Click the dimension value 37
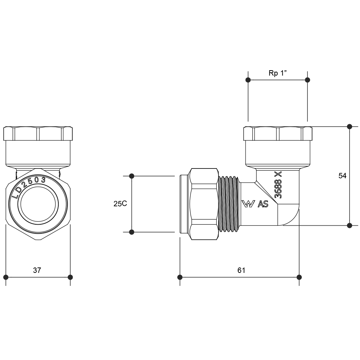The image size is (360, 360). [x=37, y=270]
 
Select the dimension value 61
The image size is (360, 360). [x=241, y=270]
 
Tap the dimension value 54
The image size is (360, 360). [x=342, y=176]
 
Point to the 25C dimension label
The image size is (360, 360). [x=120, y=204]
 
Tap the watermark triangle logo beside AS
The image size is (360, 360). [x=248, y=204]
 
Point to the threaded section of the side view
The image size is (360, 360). [x=229, y=203]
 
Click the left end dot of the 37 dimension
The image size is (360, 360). [x=6, y=277]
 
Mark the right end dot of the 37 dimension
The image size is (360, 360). [x=70, y=277]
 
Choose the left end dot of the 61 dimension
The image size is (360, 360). [x=180, y=277]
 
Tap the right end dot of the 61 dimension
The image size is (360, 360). [x=299, y=277]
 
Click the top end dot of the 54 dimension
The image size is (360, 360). [x=349, y=126]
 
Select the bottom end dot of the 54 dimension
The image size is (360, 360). [x=349, y=225]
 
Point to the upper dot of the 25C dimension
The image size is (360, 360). [x=132, y=176]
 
